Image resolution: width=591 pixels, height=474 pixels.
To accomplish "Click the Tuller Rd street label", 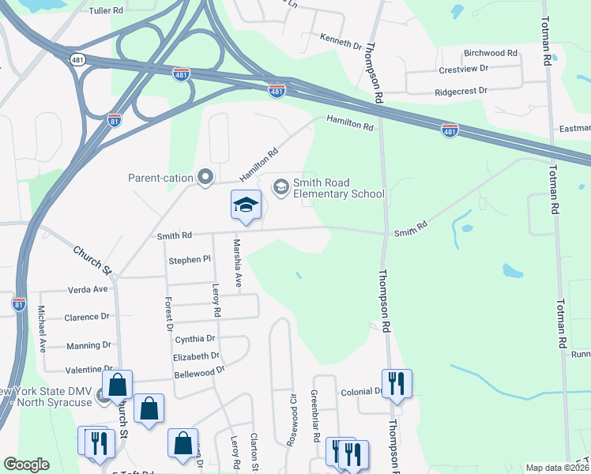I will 107,11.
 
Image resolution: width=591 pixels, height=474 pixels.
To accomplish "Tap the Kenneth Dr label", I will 341,39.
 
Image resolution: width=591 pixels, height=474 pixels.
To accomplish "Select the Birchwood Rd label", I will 490,53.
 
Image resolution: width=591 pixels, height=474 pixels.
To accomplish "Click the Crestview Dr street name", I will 463,69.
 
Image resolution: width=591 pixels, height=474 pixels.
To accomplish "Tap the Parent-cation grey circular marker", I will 205,177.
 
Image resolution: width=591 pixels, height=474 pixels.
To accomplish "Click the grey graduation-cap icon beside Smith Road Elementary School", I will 280,187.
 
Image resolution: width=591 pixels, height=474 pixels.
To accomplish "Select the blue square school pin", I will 246,205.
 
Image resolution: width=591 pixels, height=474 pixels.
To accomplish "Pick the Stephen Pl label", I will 190,259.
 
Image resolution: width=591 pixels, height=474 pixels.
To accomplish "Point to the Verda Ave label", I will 87,289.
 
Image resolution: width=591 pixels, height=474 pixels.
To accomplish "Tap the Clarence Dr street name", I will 87,317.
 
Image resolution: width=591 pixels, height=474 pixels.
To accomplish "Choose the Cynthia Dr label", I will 194,338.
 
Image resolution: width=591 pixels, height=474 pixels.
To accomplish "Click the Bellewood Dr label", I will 199,370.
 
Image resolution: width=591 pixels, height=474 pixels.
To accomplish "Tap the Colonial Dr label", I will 362,391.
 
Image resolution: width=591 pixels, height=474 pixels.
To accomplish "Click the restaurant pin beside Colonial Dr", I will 397,384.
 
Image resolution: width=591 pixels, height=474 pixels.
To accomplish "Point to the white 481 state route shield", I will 77,59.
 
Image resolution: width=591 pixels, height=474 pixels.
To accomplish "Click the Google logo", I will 26,465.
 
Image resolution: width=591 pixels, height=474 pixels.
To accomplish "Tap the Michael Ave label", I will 43,328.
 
